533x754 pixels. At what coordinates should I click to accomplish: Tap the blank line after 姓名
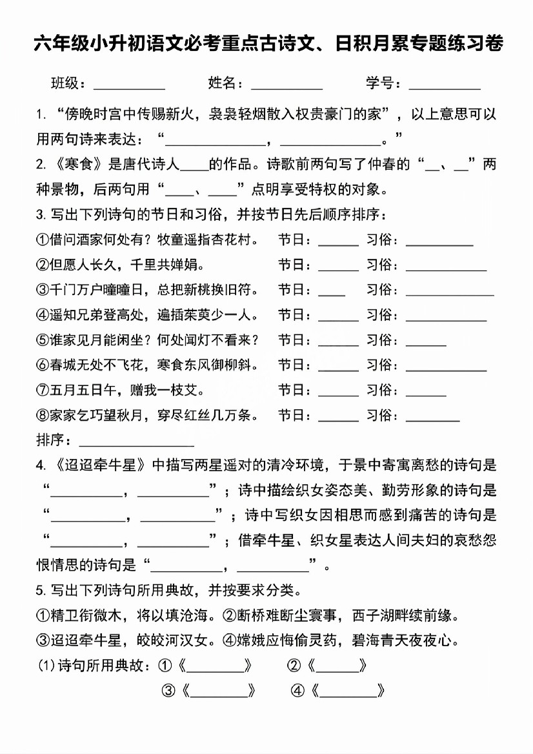click(x=287, y=85)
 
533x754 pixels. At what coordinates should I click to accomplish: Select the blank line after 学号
click(x=445, y=85)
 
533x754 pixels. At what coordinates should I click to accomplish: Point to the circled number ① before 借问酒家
click(x=43, y=239)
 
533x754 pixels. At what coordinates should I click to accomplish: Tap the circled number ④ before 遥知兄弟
click(x=43, y=315)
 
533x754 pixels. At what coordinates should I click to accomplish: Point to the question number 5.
click(x=40, y=590)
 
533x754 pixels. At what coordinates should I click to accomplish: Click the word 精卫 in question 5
click(x=65, y=615)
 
